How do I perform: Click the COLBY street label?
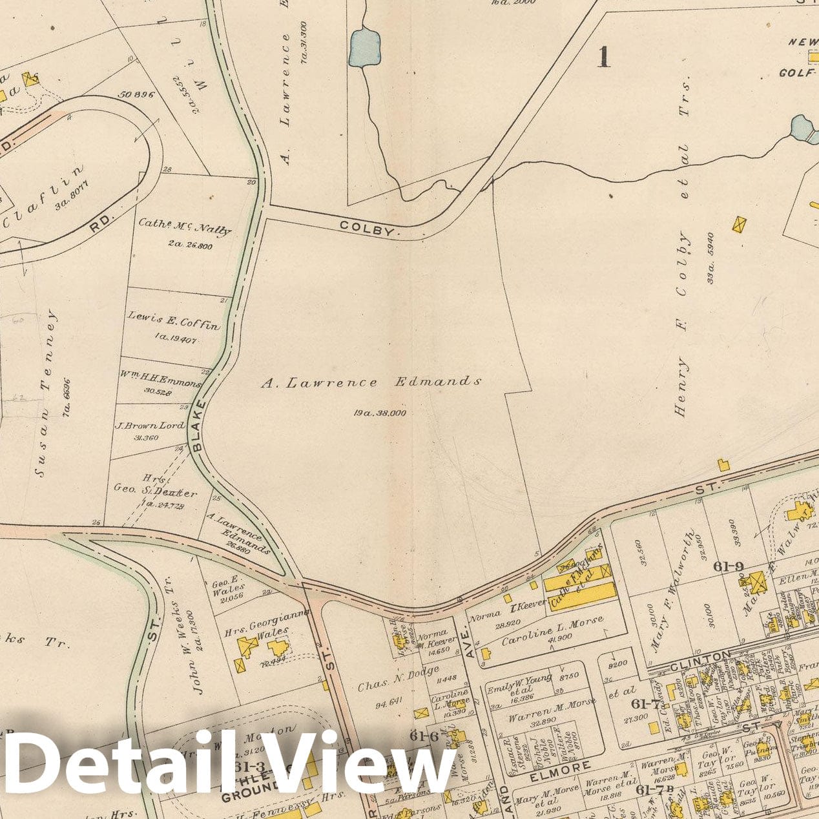click(x=365, y=228)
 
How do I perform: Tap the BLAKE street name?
click(x=198, y=425)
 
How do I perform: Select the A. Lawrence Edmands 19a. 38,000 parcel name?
click(x=371, y=382)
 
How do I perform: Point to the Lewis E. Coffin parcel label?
click(x=173, y=318)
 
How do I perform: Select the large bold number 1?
click(x=603, y=57)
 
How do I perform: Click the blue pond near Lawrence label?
click(x=365, y=47)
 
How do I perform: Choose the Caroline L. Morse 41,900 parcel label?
click(x=552, y=628)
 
